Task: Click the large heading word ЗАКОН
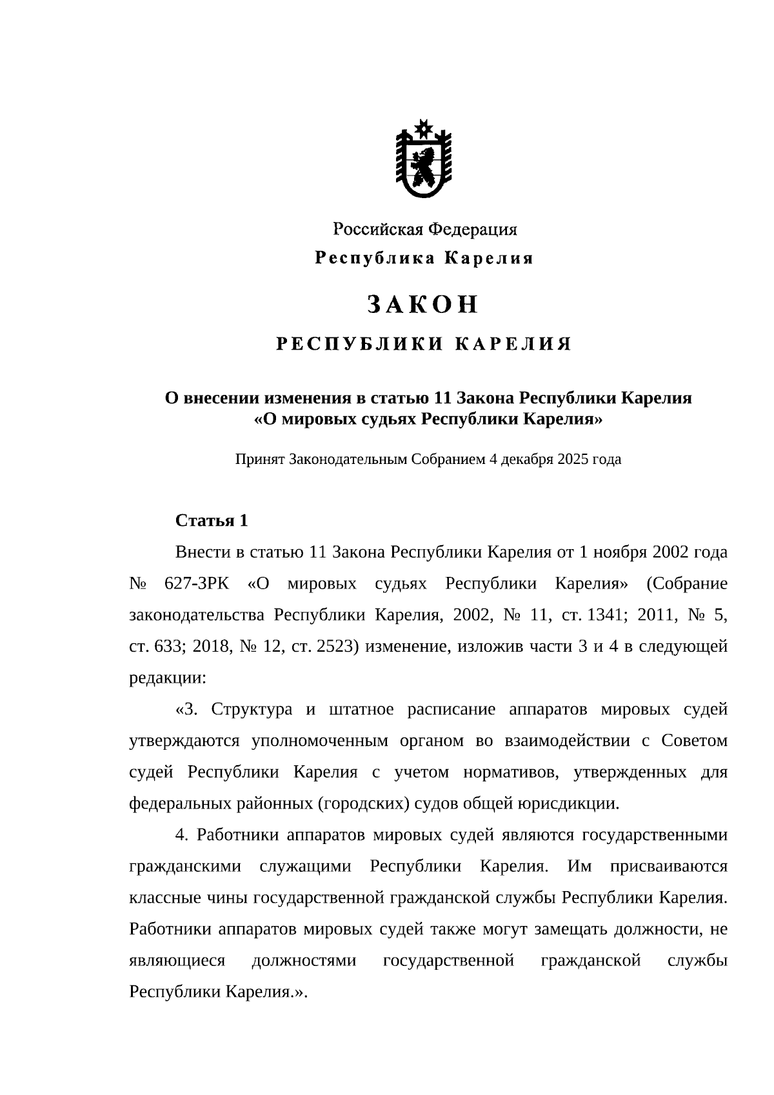point(423,305)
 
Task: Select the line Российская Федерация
point(424,229)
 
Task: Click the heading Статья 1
point(212,521)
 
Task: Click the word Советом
point(694,741)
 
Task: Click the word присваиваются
point(668,867)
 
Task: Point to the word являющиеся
point(177,961)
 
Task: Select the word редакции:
point(168,678)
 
